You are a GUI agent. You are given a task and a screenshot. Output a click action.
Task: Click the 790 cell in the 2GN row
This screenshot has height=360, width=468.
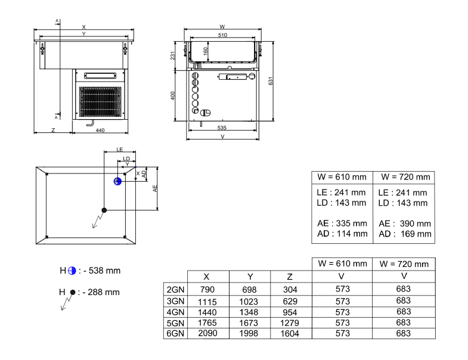click(x=206, y=289)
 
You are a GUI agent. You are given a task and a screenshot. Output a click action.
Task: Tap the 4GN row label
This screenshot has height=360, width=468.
click(x=175, y=312)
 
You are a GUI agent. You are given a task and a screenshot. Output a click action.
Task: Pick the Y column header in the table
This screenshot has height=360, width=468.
click(x=250, y=277)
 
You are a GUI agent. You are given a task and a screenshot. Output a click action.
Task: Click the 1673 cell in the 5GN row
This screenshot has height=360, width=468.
click(x=250, y=323)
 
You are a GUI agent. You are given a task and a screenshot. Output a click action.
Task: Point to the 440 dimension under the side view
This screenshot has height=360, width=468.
click(x=100, y=130)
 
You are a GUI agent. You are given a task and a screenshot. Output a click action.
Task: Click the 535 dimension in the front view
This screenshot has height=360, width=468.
click(x=222, y=128)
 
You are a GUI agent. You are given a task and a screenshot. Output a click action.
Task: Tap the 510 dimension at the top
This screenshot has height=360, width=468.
click(x=222, y=36)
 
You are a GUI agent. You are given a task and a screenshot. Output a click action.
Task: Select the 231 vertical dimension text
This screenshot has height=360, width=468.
click(x=172, y=55)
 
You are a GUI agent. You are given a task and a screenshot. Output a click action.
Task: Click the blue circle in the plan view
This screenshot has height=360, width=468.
click(x=117, y=181)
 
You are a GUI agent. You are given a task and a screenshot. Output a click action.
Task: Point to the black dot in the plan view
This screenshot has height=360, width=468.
click(x=104, y=210)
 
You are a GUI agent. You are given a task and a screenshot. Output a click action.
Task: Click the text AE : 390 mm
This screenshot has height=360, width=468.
click(x=404, y=223)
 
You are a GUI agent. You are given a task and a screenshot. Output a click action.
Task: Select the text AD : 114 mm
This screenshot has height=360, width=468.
click(x=342, y=234)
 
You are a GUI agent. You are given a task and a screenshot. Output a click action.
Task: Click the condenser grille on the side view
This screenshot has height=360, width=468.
click(x=101, y=102)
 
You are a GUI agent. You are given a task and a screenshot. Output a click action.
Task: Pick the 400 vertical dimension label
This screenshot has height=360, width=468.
click(x=172, y=95)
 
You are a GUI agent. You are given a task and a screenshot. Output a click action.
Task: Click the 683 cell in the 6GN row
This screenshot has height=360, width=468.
click(x=404, y=334)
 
